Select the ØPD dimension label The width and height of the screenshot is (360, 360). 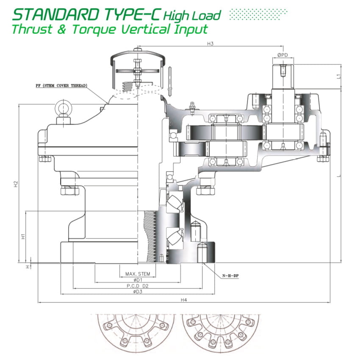tap(283, 55)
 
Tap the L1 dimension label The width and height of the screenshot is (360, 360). tap(338, 77)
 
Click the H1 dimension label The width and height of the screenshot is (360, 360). tap(24, 235)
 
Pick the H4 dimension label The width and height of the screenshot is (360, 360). tap(184, 300)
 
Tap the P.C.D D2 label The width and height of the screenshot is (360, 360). tap(138, 286)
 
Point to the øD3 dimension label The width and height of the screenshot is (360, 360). tap(138, 292)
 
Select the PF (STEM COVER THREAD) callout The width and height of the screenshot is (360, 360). tap(61, 86)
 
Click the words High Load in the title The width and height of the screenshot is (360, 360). tap(192, 16)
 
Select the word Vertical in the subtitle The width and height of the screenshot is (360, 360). tap(146, 29)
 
